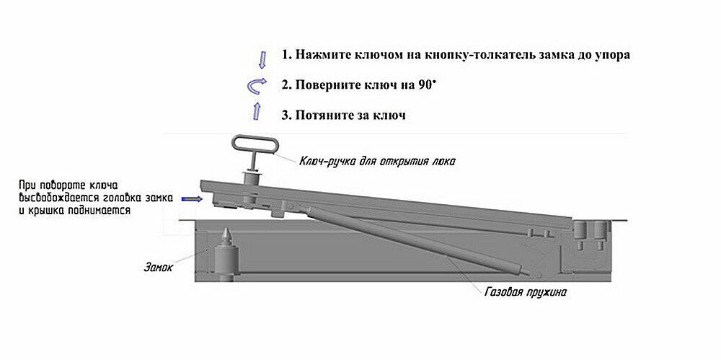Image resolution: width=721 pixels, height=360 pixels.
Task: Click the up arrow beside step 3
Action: [257, 110]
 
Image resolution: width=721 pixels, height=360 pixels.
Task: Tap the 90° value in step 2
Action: [428, 85]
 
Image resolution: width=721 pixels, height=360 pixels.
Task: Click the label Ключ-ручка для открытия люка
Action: [378, 159]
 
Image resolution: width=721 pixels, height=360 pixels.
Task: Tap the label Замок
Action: [158, 269]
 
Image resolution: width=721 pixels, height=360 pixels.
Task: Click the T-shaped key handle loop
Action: [254, 144]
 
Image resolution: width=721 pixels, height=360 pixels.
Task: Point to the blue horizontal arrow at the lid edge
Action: [191, 198]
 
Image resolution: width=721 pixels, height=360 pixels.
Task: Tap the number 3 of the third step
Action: [286, 115]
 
